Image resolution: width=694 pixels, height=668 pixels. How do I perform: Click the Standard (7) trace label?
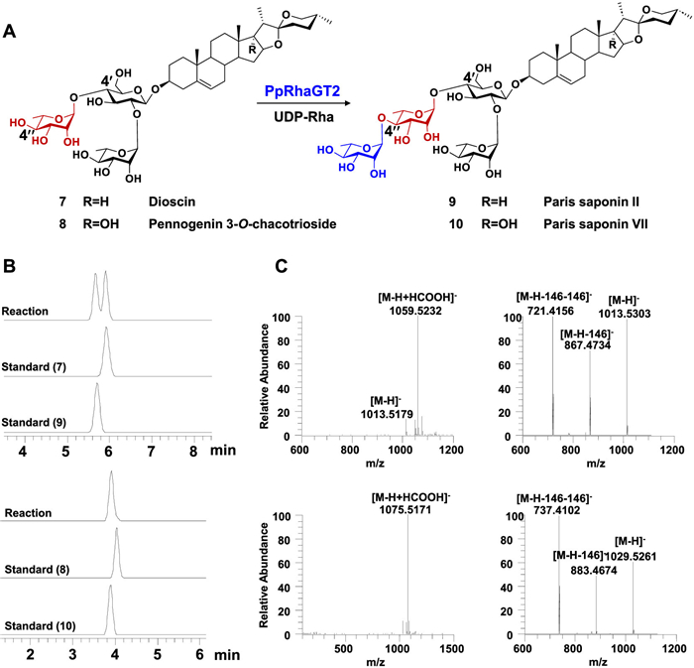point(41,371)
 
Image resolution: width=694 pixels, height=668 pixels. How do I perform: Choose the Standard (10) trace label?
point(44,625)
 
